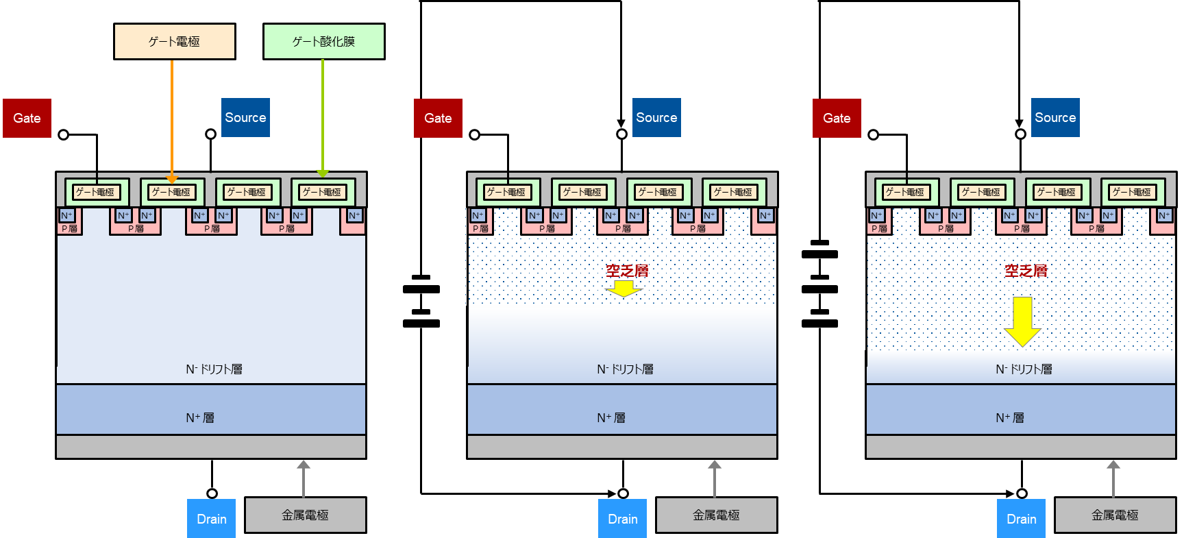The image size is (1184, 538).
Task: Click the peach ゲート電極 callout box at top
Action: [x=175, y=42]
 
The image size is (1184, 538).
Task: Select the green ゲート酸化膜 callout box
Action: [x=323, y=42]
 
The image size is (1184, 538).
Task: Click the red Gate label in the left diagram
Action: [x=27, y=118]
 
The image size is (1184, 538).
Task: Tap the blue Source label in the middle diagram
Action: [x=656, y=117]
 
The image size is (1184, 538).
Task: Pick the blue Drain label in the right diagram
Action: [x=1021, y=519]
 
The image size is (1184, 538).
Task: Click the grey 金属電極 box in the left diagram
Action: [x=305, y=515]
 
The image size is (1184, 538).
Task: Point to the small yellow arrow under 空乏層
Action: [x=624, y=289]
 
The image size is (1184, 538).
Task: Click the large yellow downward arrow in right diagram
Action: [x=1022, y=321]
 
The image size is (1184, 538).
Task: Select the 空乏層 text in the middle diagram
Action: [x=626, y=271]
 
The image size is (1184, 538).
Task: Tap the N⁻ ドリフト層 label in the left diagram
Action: [x=214, y=369]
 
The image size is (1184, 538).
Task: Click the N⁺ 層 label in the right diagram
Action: [x=1009, y=417]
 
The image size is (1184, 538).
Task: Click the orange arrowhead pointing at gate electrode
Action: [x=172, y=179]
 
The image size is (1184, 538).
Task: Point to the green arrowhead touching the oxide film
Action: [x=323, y=173]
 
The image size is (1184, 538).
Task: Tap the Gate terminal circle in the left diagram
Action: [x=64, y=134]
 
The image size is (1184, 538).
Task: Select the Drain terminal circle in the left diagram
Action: [x=212, y=493]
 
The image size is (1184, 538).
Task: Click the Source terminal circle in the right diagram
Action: [x=1020, y=134]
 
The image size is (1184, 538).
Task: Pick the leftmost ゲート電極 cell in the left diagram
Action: [x=97, y=192]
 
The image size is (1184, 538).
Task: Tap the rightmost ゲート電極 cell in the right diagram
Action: [x=1132, y=192]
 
